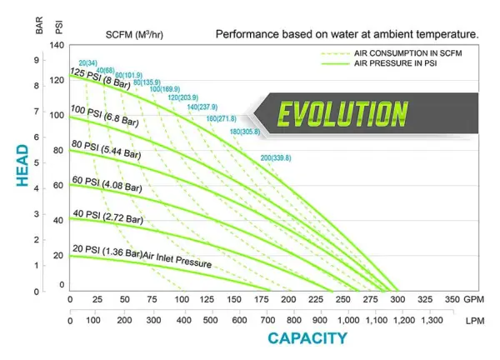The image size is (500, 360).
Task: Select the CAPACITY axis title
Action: click(306, 337)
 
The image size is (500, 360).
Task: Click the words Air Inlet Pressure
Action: click(177, 260)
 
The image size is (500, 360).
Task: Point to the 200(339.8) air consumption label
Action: click(277, 158)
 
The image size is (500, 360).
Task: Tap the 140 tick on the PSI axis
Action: click(57, 44)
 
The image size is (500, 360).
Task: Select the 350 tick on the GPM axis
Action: click(452, 298)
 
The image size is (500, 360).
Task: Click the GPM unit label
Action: click(476, 298)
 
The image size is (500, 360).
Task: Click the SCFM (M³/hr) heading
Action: click(139, 35)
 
